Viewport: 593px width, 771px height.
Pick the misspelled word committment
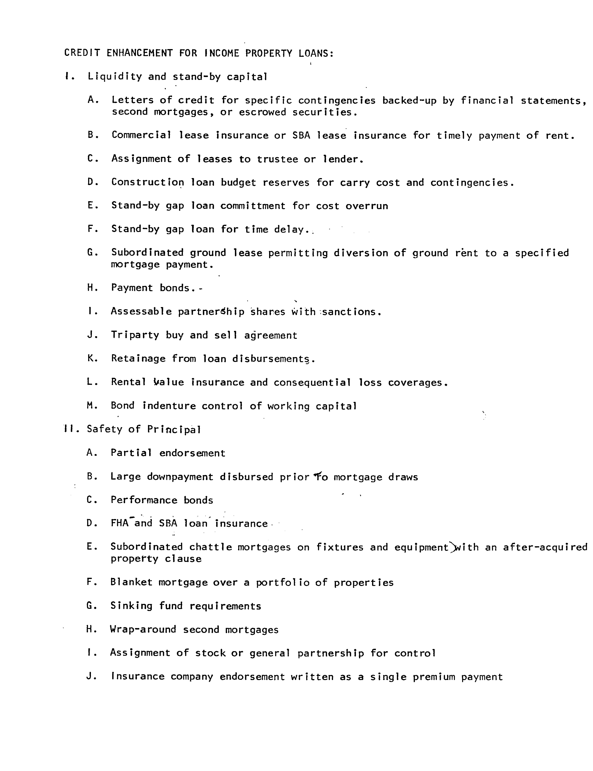tap(253, 206)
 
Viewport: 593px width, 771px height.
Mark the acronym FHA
tap(120, 523)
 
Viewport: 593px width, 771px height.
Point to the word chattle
tap(211, 547)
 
